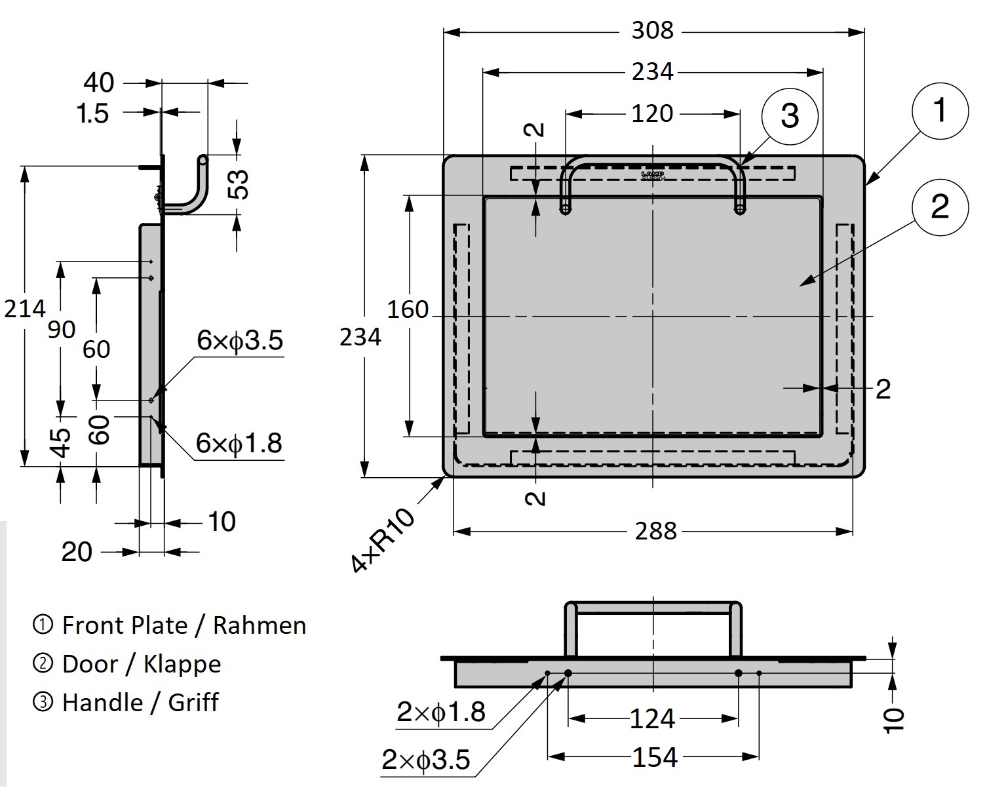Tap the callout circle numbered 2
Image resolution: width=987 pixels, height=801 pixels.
(939, 207)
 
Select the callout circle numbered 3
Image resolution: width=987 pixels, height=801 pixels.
(790, 116)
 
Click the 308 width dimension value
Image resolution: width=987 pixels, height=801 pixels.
(652, 30)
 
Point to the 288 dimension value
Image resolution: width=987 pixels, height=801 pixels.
(655, 531)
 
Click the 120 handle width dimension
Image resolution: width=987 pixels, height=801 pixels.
(652, 113)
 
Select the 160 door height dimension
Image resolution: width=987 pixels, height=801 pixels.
(408, 309)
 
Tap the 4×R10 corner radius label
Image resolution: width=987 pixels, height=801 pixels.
(383, 541)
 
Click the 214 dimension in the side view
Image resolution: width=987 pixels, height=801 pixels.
(25, 308)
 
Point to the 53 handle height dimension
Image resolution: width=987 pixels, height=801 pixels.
(241, 184)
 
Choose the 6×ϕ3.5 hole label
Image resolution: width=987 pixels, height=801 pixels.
(240, 341)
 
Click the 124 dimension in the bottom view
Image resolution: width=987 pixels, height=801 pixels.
(652, 719)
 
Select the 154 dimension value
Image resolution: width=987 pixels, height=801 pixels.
(655, 758)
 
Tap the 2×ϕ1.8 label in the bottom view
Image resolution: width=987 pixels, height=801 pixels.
(440, 712)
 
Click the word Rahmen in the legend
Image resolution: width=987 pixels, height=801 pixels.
(260, 625)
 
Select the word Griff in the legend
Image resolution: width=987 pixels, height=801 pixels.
(193, 703)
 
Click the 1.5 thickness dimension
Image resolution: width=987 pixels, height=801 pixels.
(92, 114)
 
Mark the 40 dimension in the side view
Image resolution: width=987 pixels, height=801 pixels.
(99, 83)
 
